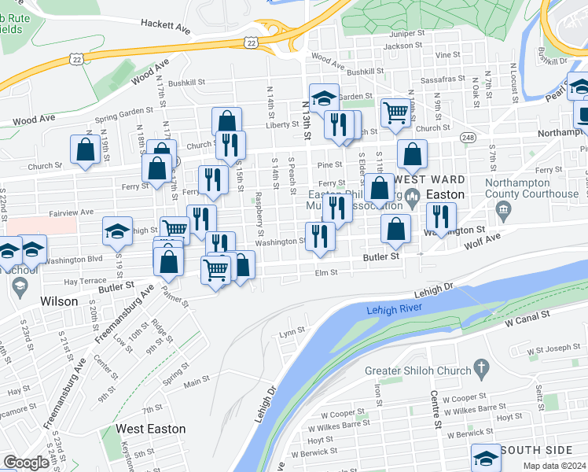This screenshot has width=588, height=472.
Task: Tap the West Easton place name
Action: (150, 429)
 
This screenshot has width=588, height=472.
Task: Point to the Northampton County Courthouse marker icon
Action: (503, 210)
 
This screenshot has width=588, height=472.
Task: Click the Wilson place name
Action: (60, 301)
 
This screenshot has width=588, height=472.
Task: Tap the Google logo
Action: (26, 463)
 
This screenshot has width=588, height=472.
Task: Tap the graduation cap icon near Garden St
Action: (323, 98)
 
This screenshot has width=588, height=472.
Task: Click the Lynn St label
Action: (292, 332)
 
